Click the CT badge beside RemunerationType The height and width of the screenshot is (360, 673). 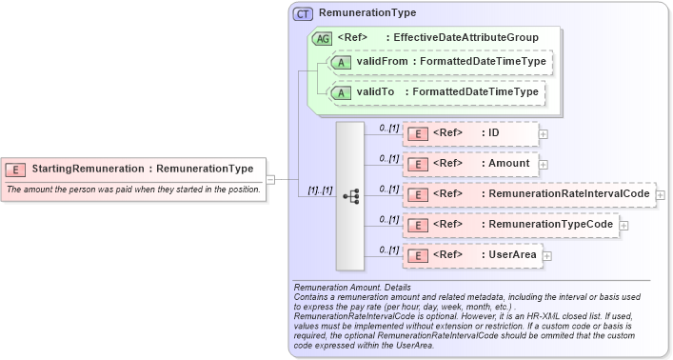click(x=304, y=14)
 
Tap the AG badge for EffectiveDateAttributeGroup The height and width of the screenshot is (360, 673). click(x=322, y=38)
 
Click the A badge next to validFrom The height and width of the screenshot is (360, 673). click(x=340, y=63)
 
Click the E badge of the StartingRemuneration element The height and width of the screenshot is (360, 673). click(x=15, y=170)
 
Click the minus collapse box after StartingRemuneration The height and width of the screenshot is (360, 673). click(x=270, y=178)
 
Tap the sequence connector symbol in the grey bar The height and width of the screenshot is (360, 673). click(x=350, y=196)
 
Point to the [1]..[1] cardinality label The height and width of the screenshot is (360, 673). click(x=320, y=190)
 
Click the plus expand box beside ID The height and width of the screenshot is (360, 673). click(x=544, y=134)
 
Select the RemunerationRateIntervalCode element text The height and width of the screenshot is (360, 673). click(x=567, y=194)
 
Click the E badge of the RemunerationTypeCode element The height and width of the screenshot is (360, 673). click(x=416, y=225)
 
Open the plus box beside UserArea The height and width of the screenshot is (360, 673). click(x=547, y=255)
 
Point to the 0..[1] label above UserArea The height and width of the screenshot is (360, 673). click(x=388, y=250)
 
